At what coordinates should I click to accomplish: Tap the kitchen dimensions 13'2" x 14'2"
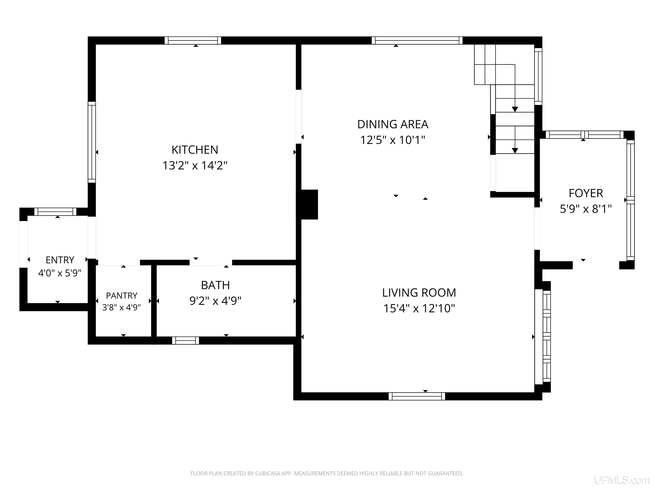195,165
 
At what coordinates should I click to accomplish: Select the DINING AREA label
393,124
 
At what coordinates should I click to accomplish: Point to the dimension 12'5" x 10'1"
393,140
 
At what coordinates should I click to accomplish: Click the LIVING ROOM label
419,293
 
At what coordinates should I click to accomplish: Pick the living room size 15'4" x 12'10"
419,308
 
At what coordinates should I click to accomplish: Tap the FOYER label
586,194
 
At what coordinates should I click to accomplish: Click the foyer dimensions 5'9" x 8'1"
586,209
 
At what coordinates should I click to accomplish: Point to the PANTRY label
122,296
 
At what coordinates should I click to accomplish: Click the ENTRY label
60,260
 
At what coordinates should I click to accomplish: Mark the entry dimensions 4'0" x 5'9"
60,273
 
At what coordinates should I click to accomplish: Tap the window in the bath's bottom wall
185,340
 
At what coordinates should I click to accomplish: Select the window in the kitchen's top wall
193,40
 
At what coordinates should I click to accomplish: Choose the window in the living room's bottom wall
417,396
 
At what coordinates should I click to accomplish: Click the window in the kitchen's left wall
92,142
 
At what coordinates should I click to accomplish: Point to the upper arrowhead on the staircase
515,109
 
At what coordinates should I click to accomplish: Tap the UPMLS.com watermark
622,480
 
